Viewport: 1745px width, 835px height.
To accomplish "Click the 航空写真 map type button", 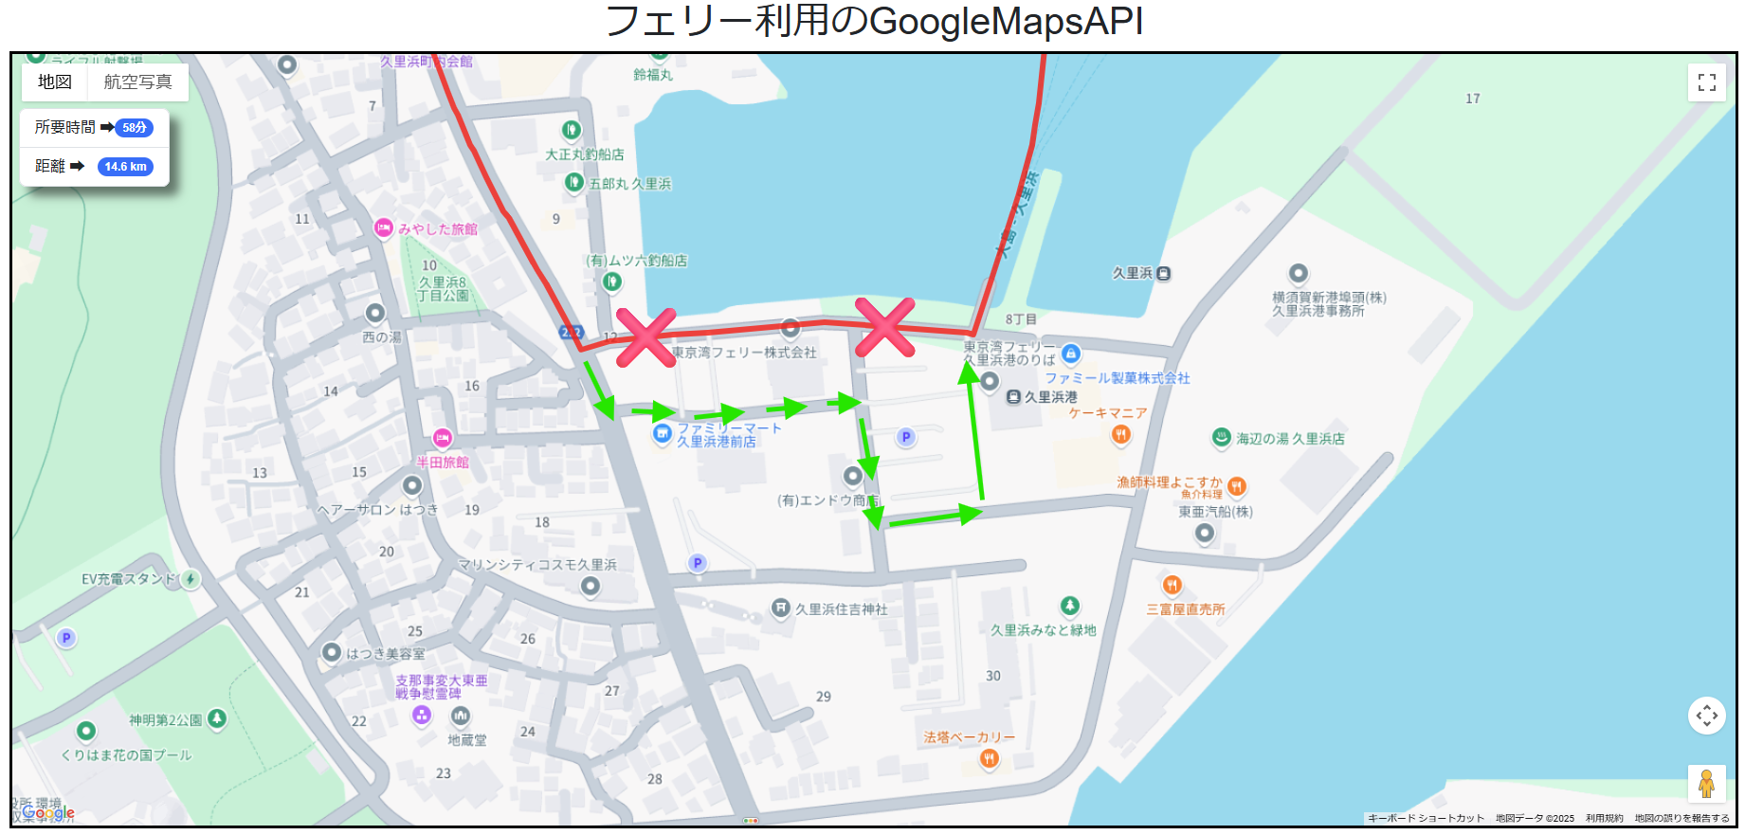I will [x=137, y=82].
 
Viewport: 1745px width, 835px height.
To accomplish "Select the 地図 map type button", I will [x=55, y=82].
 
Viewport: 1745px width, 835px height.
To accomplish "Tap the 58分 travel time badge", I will [x=135, y=127].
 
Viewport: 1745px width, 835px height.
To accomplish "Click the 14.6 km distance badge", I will [x=126, y=167].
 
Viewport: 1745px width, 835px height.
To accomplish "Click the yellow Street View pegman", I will [x=1706, y=784].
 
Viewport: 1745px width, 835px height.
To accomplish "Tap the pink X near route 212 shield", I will [x=645, y=337].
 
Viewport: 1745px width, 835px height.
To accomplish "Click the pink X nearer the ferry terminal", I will [x=884, y=328].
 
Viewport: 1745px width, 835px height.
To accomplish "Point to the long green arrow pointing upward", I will [x=974, y=431].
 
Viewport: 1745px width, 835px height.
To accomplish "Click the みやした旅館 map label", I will [x=437, y=229].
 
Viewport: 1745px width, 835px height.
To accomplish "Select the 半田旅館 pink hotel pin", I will [x=443, y=439].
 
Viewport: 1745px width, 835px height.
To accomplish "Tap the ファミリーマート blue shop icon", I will [x=663, y=434].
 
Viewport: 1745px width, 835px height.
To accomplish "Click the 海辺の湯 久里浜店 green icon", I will [x=1222, y=438].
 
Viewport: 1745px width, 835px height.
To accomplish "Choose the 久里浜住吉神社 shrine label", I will [x=841, y=609].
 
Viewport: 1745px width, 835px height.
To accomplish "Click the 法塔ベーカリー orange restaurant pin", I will [x=989, y=757].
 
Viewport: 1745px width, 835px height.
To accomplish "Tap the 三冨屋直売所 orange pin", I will [x=1172, y=585].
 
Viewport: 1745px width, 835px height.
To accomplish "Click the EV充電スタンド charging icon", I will [x=191, y=579].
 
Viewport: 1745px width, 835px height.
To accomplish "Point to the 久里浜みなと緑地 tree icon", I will [x=1069, y=606].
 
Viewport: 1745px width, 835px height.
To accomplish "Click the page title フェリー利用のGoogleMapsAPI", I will [x=873, y=22].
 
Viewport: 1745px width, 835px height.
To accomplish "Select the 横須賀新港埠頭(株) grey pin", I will [x=1299, y=274].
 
